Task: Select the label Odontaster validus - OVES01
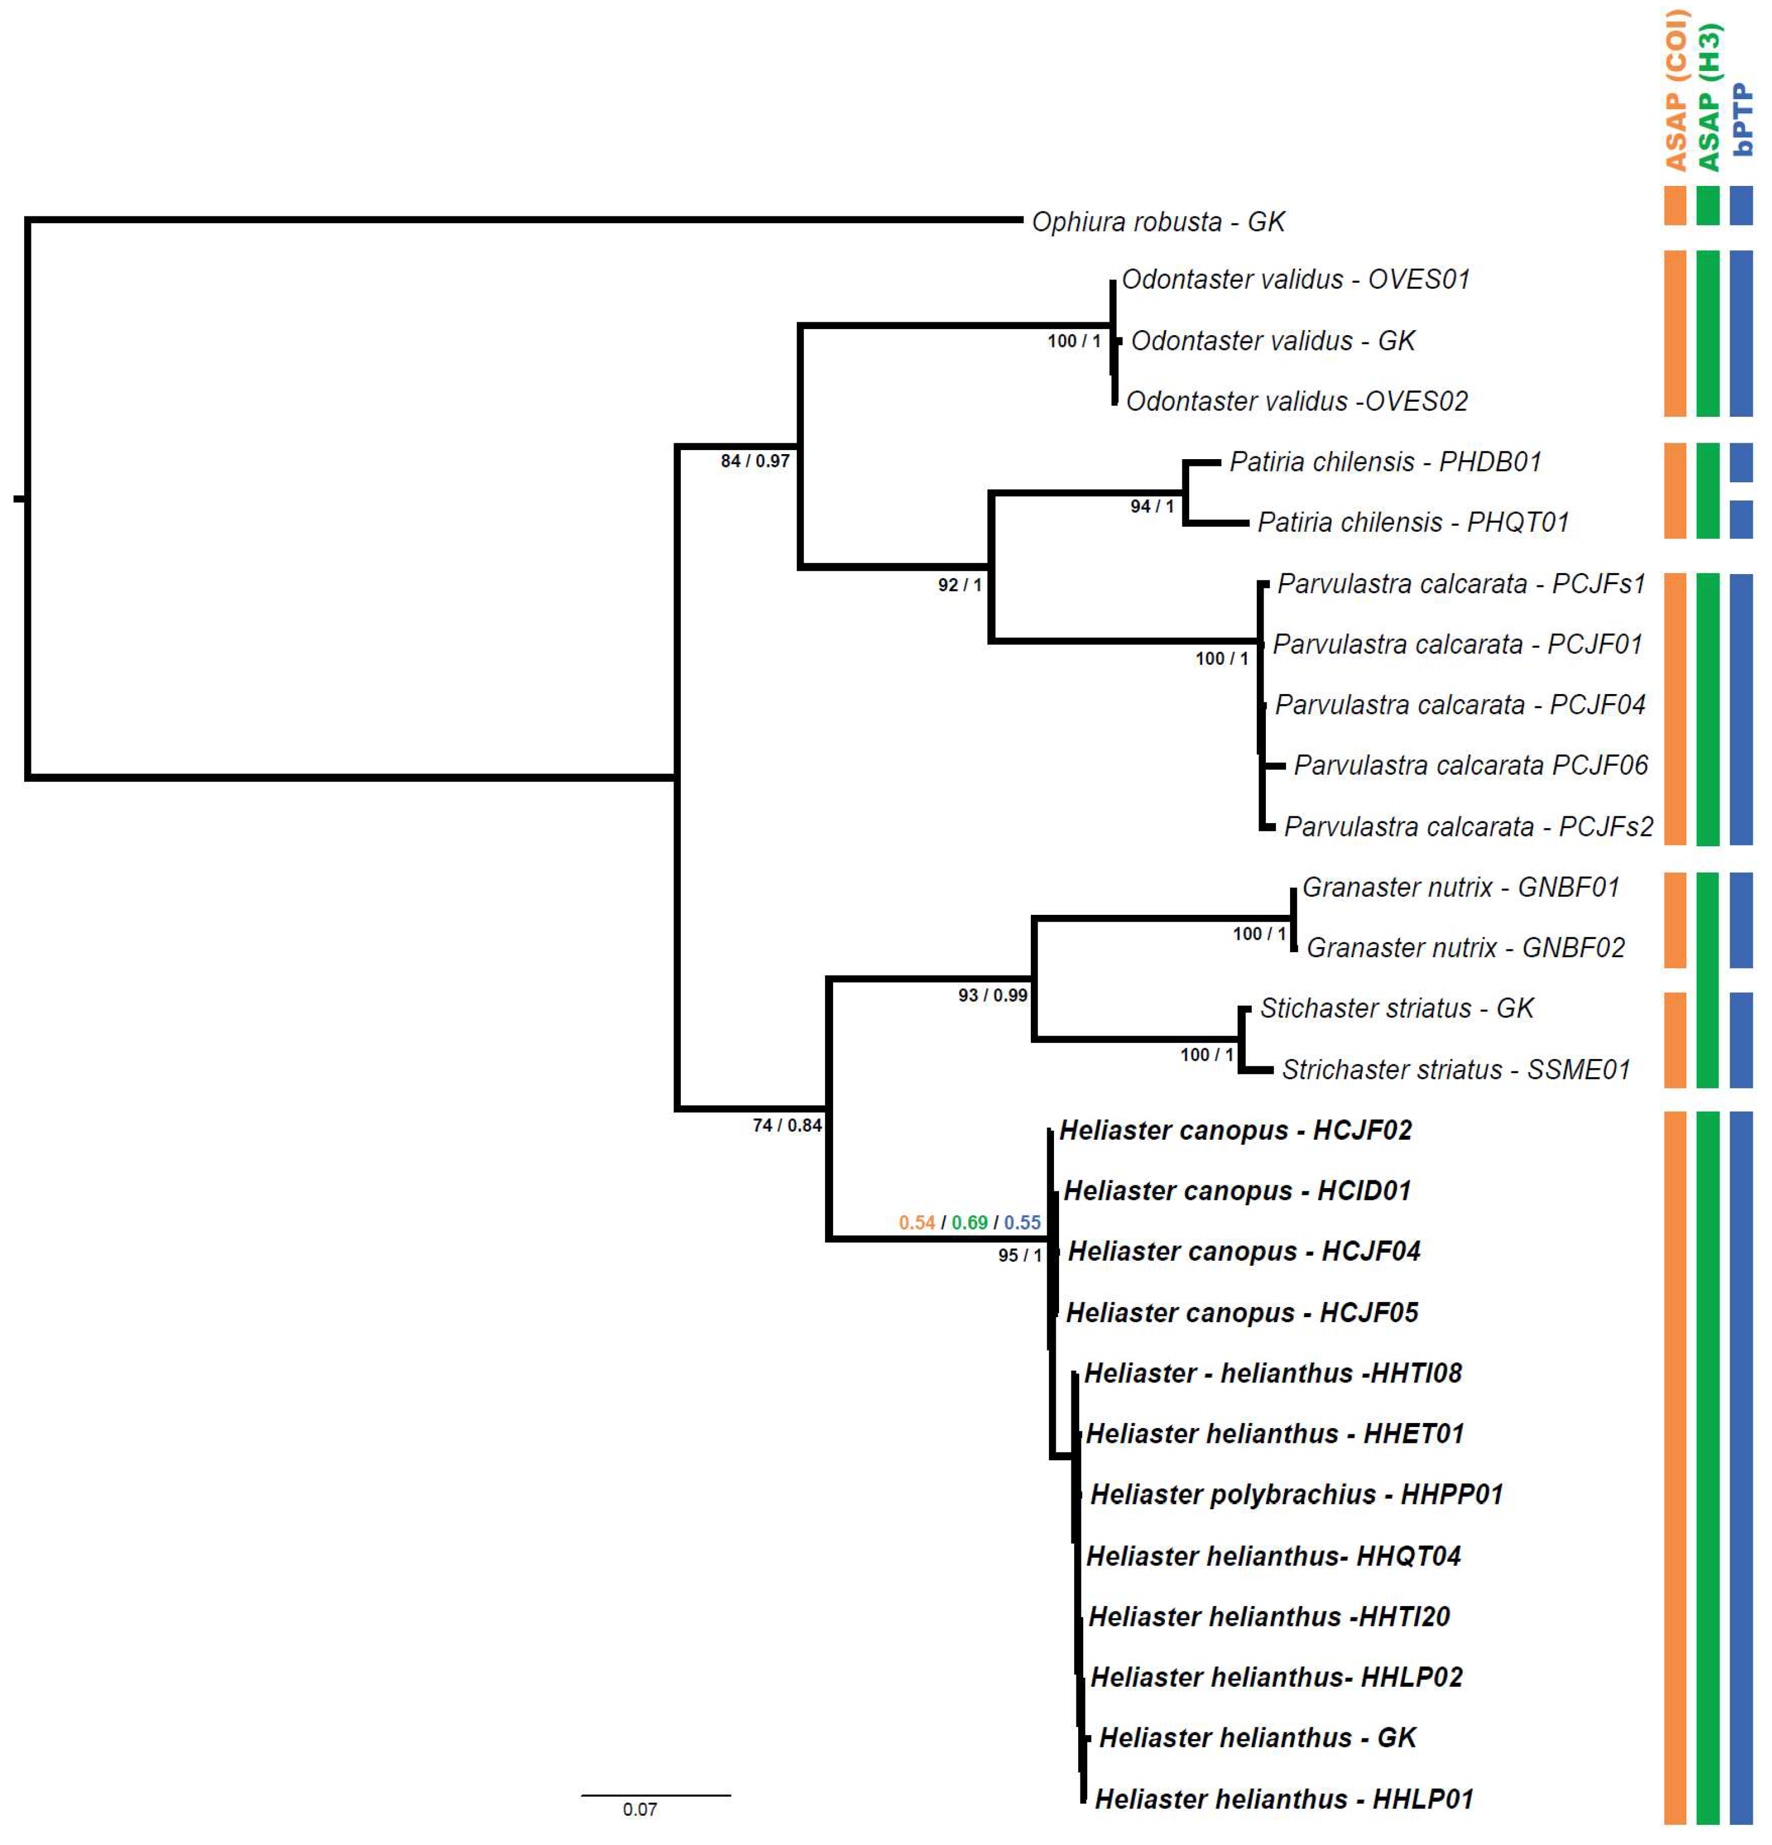1295,279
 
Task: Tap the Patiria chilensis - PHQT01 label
1412,522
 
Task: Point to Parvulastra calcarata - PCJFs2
1467,826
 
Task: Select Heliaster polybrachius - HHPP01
1296,1494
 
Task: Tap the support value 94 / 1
1151,506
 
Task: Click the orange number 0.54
915,1223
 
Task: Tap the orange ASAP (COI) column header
1676,90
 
